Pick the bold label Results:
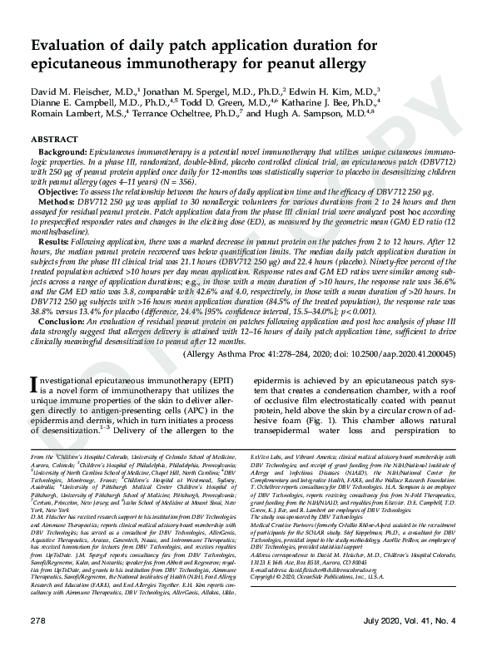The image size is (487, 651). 57,242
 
